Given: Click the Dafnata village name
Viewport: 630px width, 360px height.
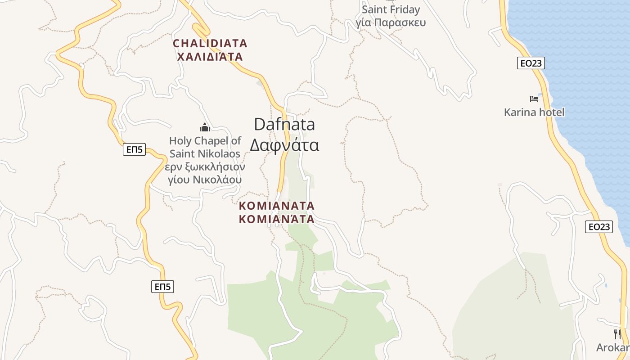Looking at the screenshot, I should (x=284, y=124).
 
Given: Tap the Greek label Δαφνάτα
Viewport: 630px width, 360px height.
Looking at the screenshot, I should (x=284, y=145).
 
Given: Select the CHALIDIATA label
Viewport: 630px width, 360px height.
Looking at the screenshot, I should (x=210, y=43).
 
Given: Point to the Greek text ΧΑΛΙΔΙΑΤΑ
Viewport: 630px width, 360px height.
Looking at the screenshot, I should (x=210, y=57).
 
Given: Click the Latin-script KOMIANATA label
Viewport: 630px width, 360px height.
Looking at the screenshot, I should (x=277, y=206).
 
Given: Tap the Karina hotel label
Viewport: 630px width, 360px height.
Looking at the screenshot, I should (x=534, y=112).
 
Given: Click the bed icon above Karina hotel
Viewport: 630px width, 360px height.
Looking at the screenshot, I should (x=534, y=99).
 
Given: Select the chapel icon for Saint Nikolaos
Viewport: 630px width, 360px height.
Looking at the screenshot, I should (x=205, y=127).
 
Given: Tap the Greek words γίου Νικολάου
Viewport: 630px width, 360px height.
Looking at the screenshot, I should (x=205, y=180).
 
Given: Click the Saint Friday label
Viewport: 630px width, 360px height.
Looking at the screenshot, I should (x=391, y=9).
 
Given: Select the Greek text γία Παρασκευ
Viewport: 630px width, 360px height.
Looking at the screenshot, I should (x=391, y=22).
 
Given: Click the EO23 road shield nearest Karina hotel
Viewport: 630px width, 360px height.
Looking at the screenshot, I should (x=531, y=63).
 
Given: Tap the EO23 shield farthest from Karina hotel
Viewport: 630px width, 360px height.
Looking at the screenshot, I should (x=599, y=227).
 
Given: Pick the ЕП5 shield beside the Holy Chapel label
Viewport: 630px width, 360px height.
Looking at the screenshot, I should (x=134, y=149).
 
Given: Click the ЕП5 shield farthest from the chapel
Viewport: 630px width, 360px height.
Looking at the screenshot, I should (x=162, y=286).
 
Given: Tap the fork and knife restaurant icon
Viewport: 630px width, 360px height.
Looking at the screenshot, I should (x=617, y=334).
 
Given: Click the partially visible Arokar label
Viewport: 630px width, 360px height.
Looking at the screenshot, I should (x=613, y=347).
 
